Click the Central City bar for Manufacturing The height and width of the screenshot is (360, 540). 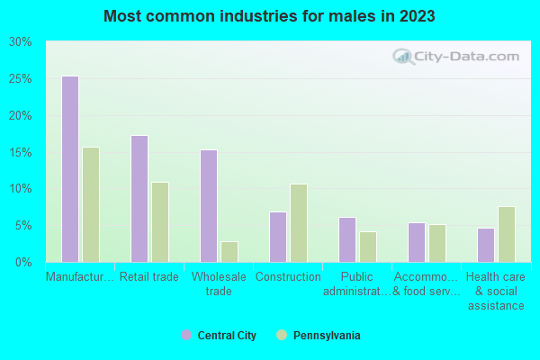[x=70, y=169]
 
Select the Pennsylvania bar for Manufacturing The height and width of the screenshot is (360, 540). [x=91, y=204]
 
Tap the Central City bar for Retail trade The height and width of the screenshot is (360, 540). [x=139, y=199]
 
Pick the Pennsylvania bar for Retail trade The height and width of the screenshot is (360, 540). [x=160, y=222]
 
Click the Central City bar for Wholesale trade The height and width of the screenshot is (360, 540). [x=209, y=206]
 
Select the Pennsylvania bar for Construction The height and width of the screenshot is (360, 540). [x=299, y=223]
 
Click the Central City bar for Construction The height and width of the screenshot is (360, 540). [x=278, y=237]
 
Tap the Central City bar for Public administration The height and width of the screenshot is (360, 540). [x=347, y=239]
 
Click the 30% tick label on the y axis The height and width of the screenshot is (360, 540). [x=21, y=42]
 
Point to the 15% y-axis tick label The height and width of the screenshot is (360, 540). [x=21, y=152]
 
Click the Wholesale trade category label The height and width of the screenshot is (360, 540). [x=219, y=283]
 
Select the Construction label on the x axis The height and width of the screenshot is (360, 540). [x=288, y=277]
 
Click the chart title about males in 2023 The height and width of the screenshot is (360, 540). [x=270, y=16]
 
